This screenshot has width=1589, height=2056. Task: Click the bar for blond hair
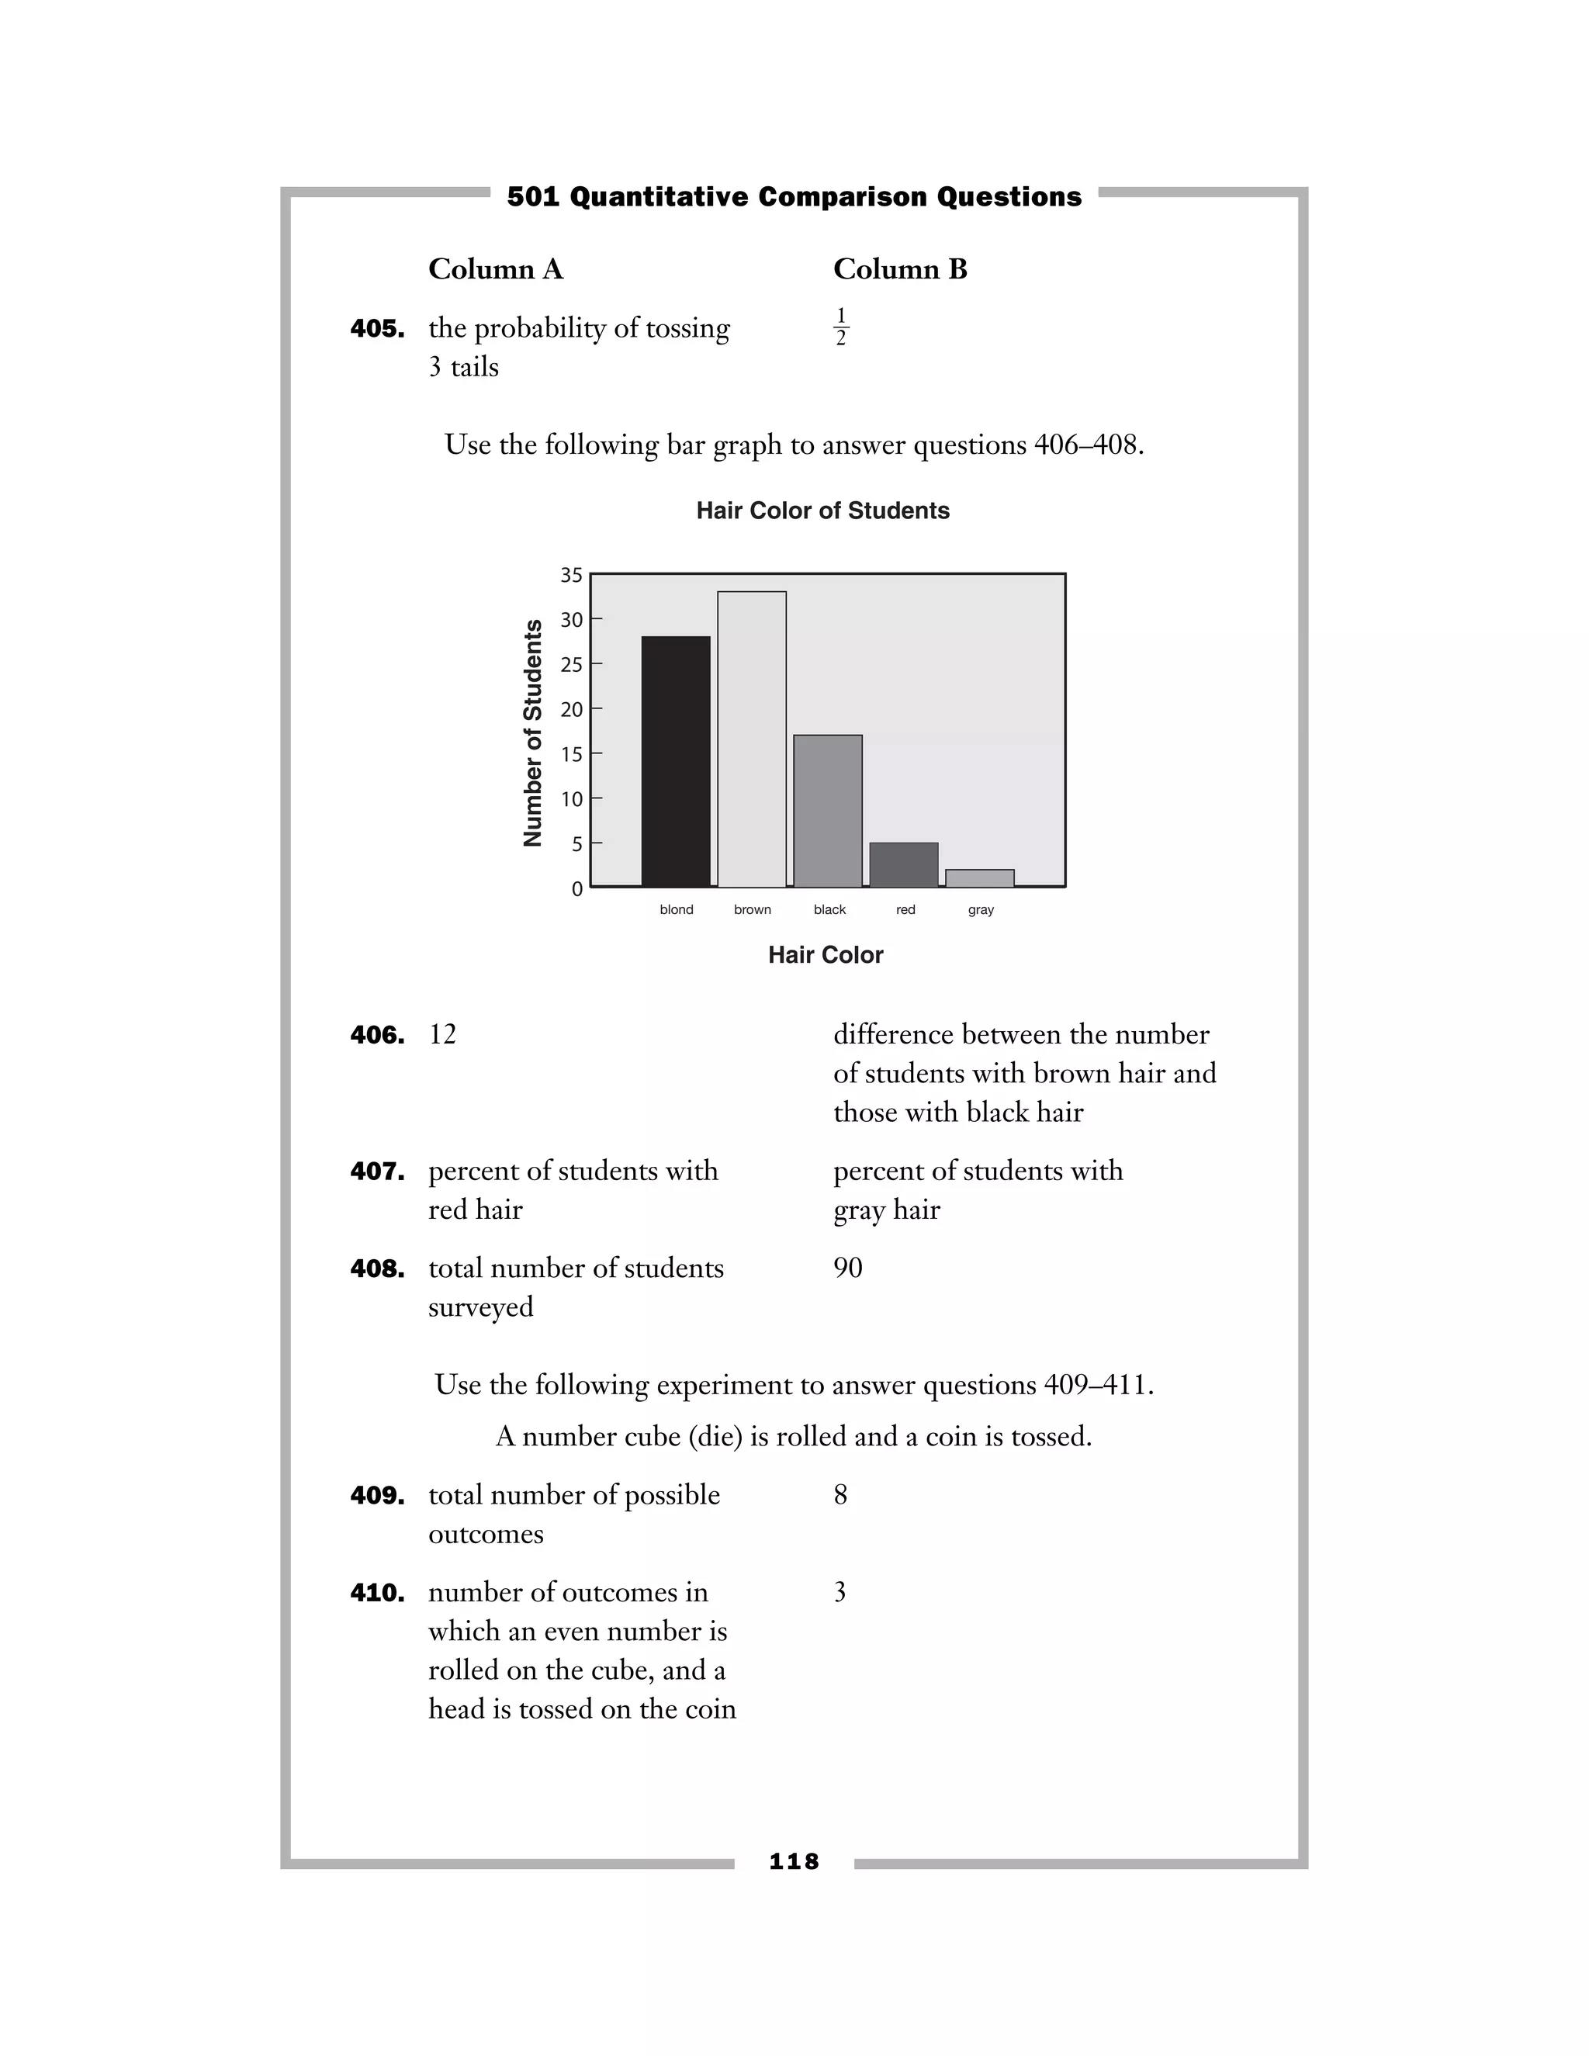[676, 762]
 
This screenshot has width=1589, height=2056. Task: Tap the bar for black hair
[827, 811]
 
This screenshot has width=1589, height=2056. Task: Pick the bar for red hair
[904, 864]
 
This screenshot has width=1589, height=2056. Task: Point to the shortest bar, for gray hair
[980, 877]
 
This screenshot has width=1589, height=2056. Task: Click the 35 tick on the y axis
[571, 575]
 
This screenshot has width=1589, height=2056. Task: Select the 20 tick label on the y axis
[571, 710]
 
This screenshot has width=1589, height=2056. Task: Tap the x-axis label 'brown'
[752, 909]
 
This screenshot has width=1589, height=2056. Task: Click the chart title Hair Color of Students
[822, 511]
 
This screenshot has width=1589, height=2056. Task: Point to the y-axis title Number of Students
[533, 732]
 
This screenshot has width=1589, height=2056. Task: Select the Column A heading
[495, 269]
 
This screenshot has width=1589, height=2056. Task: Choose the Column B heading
[900, 269]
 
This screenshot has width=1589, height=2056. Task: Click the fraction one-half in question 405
[840, 327]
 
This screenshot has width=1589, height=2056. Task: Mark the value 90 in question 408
[847, 1268]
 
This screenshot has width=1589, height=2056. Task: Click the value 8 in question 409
[840, 1495]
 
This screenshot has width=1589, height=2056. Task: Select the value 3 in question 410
[840, 1592]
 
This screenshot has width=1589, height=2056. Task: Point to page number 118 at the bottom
[794, 1861]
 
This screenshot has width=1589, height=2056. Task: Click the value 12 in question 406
[442, 1034]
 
